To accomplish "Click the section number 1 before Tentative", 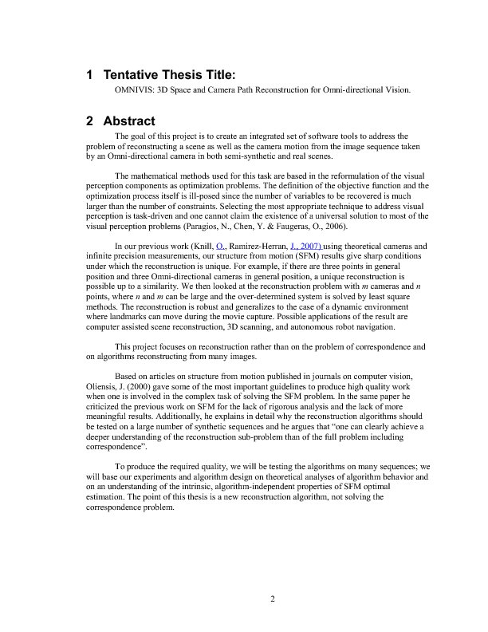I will coord(90,75).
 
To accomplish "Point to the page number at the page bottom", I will coord(272,601).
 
